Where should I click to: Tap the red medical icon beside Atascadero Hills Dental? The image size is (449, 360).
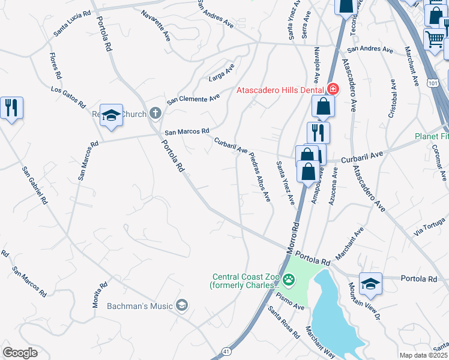[x=333, y=89]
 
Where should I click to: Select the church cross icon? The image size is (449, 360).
[x=155, y=113]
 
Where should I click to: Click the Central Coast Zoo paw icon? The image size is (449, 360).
[x=289, y=280]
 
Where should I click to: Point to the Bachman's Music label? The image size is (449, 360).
[x=140, y=307]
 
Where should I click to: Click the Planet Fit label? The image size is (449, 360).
[x=432, y=136]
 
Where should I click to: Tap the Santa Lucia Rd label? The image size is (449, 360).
[x=72, y=22]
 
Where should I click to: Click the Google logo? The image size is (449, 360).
[x=20, y=352]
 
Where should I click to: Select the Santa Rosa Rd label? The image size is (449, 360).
[x=284, y=322]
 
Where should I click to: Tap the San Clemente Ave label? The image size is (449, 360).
[x=193, y=99]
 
